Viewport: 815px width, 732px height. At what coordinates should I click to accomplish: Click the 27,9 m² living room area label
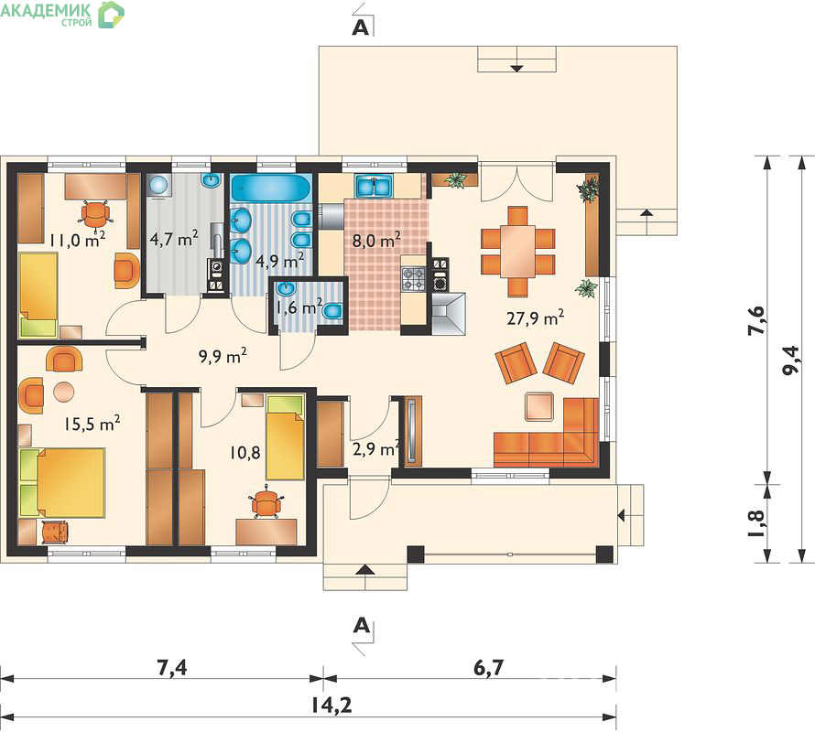tap(536, 318)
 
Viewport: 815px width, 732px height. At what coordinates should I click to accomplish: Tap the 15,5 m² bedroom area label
tap(92, 424)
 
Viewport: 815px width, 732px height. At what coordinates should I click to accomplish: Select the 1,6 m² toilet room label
tap(299, 307)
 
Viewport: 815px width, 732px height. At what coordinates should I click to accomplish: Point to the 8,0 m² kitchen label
tap(375, 241)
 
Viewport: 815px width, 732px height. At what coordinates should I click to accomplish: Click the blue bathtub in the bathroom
tap(271, 188)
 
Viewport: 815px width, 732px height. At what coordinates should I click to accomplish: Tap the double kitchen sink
tap(374, 186)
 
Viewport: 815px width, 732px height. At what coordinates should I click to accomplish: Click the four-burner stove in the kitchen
tap(414, 278)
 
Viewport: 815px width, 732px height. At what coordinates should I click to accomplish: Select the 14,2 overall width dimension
tap(331, 705)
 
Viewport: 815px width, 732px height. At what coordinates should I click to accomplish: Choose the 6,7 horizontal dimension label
tap(489, 667)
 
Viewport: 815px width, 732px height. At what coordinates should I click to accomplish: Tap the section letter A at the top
tap(360, 27)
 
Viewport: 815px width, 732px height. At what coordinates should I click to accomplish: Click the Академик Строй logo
tap(62, 13)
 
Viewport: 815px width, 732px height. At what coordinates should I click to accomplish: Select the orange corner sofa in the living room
tap(546, 433)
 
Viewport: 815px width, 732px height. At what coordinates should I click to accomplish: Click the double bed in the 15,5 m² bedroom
tap(62, 483)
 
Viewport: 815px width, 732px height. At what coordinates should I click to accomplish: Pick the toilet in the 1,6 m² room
tap(331, 311)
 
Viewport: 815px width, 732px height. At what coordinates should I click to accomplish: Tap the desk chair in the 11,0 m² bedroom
tap(95, 213)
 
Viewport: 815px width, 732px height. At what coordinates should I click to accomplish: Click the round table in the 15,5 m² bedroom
tap(64, 392)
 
